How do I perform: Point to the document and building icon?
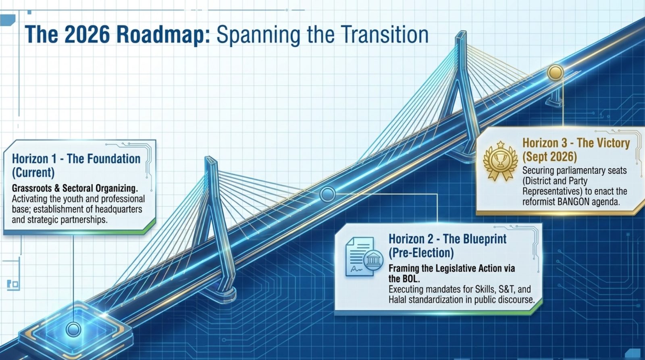(x=364, y=256)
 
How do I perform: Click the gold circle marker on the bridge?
(x=555, y=72)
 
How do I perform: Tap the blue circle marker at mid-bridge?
(x=327, y=194)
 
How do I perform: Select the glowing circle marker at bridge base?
(x=73, y=329)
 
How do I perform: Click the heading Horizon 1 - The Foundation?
(x=76, y=159)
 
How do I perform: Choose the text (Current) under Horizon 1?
(x=33, y=173)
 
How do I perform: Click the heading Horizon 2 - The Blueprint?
(x=447, y=239)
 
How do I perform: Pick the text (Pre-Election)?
(x=421, y=253)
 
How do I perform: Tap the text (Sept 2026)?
(x=550, y=157)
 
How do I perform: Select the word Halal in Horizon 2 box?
(x=397, y=300)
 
